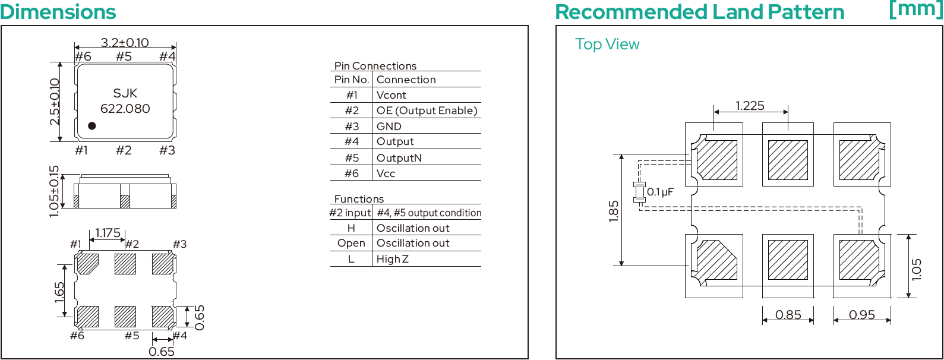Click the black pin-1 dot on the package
(x=92, y=125)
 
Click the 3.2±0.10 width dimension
(x=125, y=43)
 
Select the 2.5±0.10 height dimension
(x=55, y=102)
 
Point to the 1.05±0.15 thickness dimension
(x=54, y=191)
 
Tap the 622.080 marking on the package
(x=125, y=109)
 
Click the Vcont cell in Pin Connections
(x=391, y=95)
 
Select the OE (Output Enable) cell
(x=427, y=110)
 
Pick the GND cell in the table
(x=389, y=127)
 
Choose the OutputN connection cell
(x=399, y=158)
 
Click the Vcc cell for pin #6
(x=386, y=173)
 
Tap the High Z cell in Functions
(x=392, y=259)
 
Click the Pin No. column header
(x=352, y=80)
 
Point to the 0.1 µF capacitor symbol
(x=640, y=192)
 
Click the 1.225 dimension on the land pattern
(x=750, y=106)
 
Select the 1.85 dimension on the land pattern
(x=614, y=211)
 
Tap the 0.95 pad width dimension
(x=862, y=314)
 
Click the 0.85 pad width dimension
(x=788, y=314)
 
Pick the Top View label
(x=607, y=45)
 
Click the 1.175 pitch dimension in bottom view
(x=108, y=233)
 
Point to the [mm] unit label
(x=915, y=10)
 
